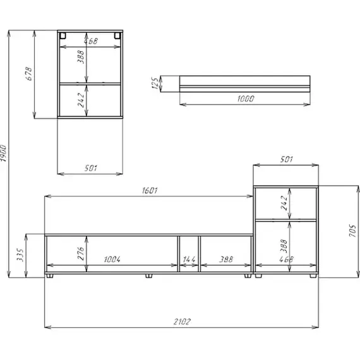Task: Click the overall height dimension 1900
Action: coord(3,153)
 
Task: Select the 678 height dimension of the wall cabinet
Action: coord(28,73)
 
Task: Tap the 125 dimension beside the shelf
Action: coord(155,83)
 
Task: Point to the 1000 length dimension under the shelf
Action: coord(246,99)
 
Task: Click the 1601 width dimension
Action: coord(150,191)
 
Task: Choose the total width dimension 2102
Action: coord(182,321)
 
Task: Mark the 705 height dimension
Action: coord(352,231)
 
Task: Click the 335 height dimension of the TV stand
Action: coord(20,255)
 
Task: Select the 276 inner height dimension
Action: coord(81,253)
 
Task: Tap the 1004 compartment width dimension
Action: coord(112,260)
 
